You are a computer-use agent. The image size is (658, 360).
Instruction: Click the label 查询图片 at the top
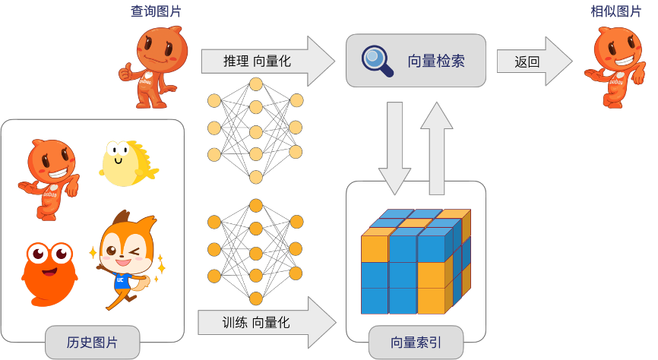pyautogui.click(x=157, y=11)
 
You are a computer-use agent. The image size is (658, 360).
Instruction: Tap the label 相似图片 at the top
pyautogui.click(x=615, y=11)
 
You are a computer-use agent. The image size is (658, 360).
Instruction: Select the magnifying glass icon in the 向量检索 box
pyautogui.click(x=377, y=61)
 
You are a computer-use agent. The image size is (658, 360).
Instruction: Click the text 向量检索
pyautogui.click(x=435, y=61)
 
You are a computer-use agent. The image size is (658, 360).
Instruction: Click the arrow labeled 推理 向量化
pyautogui.click(x=266, y=61)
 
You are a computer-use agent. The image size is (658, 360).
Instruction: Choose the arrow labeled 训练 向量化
pyautogui.click(x=266, y=322)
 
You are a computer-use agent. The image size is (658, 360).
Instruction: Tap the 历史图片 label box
pyautogui.click(x=92, y=342)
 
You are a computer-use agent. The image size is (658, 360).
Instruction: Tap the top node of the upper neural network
pyautogui.click(x=256, y=81)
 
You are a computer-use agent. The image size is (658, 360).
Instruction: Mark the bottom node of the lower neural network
pyautogui.click(x=256, y=298)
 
